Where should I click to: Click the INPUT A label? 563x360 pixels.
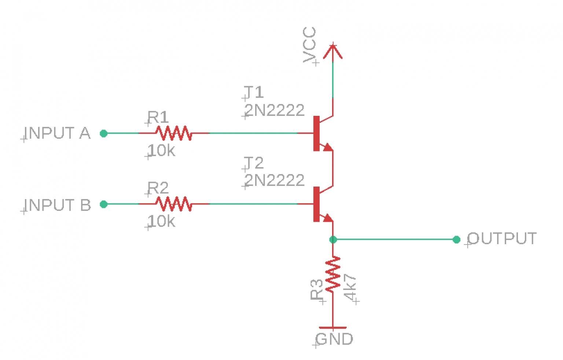pyautogui.click(x=57, y=133)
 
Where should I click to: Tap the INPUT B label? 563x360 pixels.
pyautogui.click(x=57, y=205)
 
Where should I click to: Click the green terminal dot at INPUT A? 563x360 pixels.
pyautogui.click(x=104, y=133)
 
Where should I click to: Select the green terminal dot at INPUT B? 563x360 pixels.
pyautogui.click(x=104, y=204)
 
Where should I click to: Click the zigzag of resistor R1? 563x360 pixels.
pyautogui.click(x=173, y=133)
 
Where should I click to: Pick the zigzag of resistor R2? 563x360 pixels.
pyautogui.click(x=173, y=204)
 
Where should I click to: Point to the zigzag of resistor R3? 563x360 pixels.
pyautogui.click(x=333, y=274)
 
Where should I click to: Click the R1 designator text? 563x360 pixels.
pyautogui.click(x=158, y=118)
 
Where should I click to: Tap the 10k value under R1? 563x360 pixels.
pyautogui.click(x=161, y=151)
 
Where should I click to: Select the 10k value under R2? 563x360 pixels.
pyautogui.click(x=161, y=221)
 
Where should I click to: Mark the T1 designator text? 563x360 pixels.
pyautogui.click(x=254, y=92)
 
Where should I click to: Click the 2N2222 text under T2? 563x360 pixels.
pyautogui.click(x=275, y=180)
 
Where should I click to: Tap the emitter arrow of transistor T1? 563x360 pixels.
pyautogui.click(x=327, y=147)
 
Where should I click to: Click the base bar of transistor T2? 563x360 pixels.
pyautogui.click(x=317, y=204)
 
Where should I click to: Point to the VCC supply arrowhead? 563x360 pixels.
pyautogui.click(x=333, y=51)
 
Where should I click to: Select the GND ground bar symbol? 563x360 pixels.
pyautogui.click(x=333, y=327)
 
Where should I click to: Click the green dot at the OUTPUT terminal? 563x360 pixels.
pyautogui.click(x=456, y=240)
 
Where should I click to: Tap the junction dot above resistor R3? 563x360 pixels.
pyautogui.click(x=333, y=240)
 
